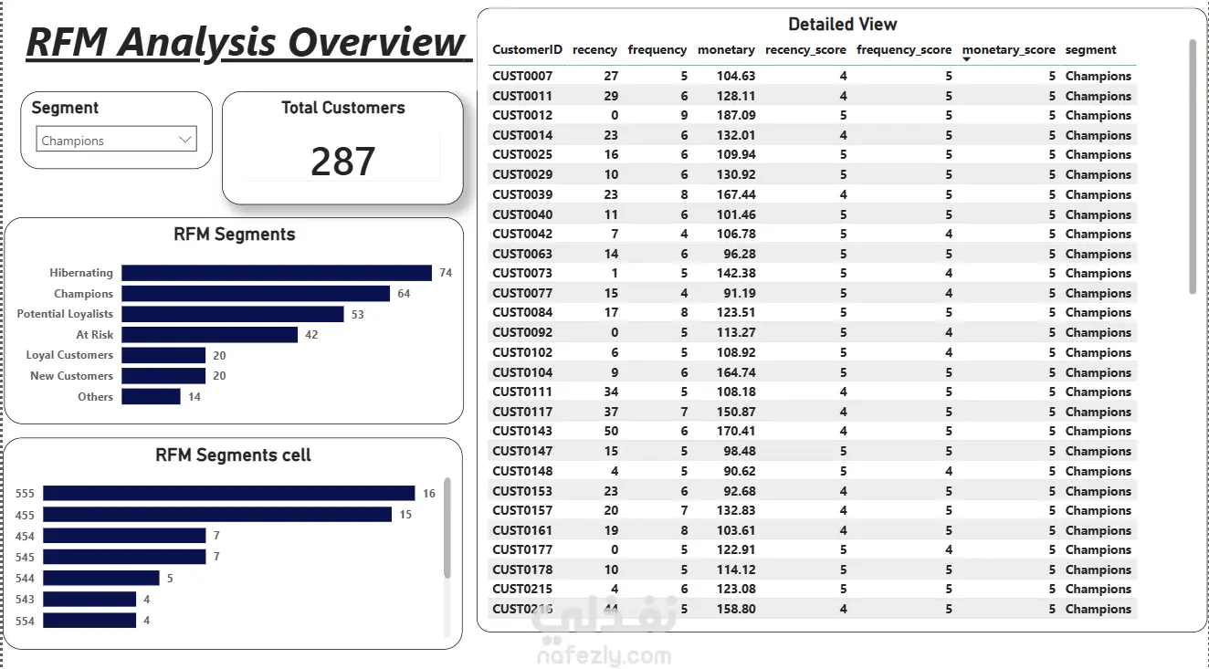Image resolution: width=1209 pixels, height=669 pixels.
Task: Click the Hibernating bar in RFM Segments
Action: [x=277, y=273]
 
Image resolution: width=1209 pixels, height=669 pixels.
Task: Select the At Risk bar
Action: [x=209, y=334]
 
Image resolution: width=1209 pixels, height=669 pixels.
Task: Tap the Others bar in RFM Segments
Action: [x=151, y=396]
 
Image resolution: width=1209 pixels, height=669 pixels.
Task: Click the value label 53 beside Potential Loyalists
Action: [x=357, y=315]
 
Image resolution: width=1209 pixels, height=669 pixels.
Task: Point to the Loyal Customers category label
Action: [x=69, y=355]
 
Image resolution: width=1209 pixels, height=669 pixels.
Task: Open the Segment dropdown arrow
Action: [x=185, y=140]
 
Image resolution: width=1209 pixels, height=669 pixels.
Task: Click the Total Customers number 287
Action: [x=342, y=162]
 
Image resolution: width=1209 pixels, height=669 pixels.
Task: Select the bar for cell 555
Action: [x=229, y=493]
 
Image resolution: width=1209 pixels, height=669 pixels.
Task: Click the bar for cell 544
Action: [x=101, y=578]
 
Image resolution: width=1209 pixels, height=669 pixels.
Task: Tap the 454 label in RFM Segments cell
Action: [x=25, y=537]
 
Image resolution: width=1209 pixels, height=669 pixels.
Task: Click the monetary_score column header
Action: [x=1009, y=49]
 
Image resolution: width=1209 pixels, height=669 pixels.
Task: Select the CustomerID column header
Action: [x=527, y=49]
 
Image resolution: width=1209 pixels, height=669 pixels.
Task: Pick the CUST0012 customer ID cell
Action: [x=522, y=116]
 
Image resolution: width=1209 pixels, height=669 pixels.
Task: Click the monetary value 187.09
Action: [x=736, y=116]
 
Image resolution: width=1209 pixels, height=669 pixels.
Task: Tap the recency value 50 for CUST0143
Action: [x=611, y=431]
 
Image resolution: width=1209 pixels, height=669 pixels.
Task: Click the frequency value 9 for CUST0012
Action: [x=684, y=116]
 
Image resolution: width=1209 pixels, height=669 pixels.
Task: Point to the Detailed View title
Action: [x=843, y=25]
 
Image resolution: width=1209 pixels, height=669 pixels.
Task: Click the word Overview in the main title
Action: [x=376, y=42]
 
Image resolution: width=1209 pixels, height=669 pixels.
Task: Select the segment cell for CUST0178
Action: [x=1098, y=570]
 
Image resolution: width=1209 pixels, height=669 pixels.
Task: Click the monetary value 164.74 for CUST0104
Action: [x=736, y=372]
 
